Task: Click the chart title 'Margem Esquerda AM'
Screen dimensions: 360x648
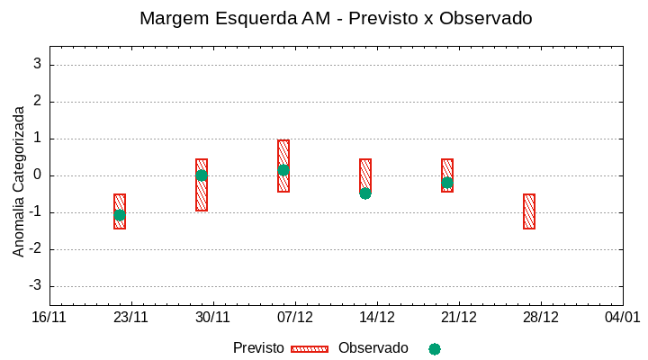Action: [336, 18]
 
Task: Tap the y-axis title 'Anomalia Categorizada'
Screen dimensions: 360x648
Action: [19, 181]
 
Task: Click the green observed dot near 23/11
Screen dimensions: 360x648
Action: [120, 215]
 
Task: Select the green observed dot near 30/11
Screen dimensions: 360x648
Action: [202, 175]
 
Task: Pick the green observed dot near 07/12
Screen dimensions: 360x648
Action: [283, 170]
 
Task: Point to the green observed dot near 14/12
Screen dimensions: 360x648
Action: [365, 193]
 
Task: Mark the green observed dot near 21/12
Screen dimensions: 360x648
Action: [447, 183]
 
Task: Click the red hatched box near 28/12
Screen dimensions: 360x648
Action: [529, 211]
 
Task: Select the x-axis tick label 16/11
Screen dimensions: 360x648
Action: [49, 318]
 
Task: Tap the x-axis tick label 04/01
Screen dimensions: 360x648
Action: [622, 318]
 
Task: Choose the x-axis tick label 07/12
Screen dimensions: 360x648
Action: [295, 318]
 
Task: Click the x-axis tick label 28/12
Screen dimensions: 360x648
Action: [541, 318]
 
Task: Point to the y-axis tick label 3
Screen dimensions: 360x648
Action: [38, 65]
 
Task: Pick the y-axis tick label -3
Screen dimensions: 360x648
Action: [35, 286]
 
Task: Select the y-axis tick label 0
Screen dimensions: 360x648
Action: [38, 175]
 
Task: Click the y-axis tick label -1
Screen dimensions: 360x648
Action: [35, 212]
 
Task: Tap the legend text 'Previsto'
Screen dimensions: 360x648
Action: [258, 348]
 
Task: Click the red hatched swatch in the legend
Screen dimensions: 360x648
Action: [310, 348]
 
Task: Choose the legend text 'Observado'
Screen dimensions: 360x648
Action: [373, 348]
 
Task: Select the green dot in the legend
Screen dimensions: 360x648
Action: [435, 348]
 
